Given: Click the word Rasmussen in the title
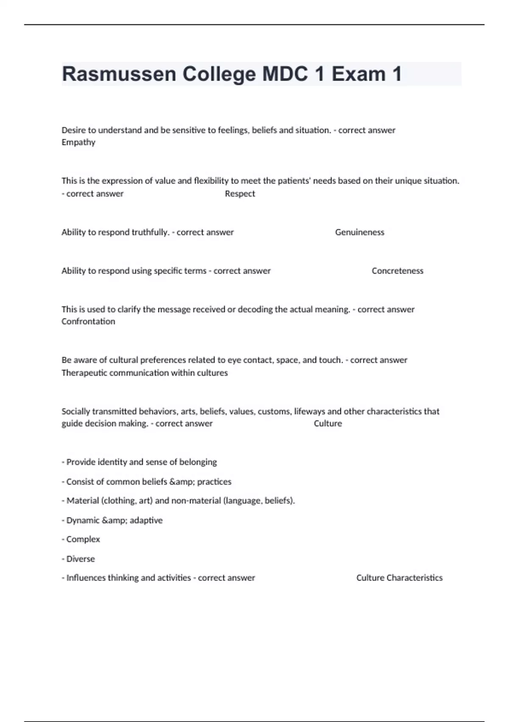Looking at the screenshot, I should [x=119, y=74].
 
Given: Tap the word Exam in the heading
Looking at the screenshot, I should [x=358, y=74].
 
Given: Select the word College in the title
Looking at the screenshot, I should [x=219, y=74].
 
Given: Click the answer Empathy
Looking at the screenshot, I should [x=78, y=142].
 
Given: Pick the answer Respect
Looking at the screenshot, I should [x=240, y=194].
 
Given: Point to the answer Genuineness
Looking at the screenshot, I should [x=360, y=232].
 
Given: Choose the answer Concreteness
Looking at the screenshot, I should [x=397, y=271].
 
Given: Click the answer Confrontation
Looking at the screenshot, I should [x=88, y=322].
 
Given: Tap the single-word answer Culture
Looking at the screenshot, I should [x=328, y=423].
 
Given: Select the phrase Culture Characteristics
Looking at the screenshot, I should [x=399, y=578].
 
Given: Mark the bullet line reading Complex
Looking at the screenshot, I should [x=83, y=539].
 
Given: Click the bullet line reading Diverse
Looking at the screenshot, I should [x=80, y=559].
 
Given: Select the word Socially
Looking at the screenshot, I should [x=76, y=411].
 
